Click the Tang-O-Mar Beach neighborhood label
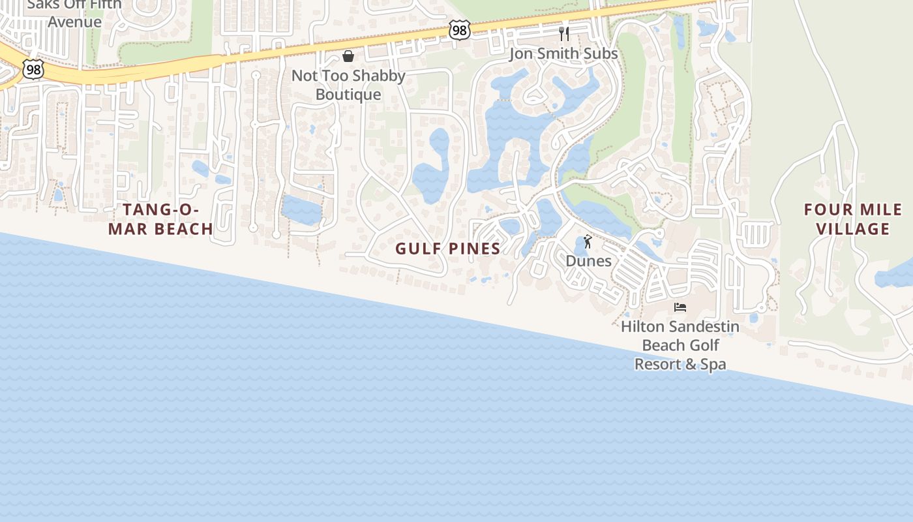pos(160,219)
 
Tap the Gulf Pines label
pos(448,249)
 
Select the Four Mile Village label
pos(853,219)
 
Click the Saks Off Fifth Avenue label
pos(74,13)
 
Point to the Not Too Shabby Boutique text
pos(348,85)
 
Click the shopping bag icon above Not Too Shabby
pos(348,56)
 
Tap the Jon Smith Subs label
pos(563,54)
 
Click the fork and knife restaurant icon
pos(564,33)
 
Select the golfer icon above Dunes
pos(588,241)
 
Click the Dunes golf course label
pos(588,261)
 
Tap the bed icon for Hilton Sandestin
pos(680,307)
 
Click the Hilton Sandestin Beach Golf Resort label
pos(680,345)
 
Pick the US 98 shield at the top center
pos(459,29)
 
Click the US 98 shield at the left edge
pos(33,69)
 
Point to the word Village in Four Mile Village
pos(853,229)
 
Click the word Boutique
pos(348,95)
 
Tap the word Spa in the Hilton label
pos(712,364)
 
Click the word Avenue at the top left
pos(74,22)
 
